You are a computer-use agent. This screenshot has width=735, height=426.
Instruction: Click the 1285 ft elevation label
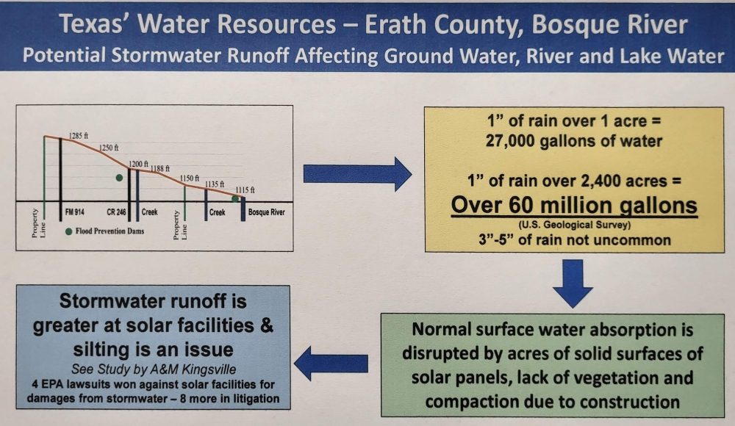point(79,136)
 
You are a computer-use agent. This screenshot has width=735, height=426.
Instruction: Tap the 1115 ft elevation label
point(245,189)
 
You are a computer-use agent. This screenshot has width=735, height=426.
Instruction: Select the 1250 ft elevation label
point(109,148)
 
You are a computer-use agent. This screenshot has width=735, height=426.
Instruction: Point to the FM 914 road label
point(75,212)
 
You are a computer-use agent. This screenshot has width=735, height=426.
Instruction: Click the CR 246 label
point(116,212)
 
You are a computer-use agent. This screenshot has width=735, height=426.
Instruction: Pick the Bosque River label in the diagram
point(267,212)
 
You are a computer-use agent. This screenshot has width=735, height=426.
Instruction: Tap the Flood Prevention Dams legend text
point(110,231)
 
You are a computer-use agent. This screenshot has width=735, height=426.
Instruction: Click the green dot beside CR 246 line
point(119,178)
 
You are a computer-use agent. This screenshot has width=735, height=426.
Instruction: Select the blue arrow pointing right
point(358,174)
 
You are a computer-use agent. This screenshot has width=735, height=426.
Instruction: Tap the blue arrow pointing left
point(331,363)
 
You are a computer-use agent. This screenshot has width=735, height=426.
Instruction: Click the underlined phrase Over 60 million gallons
point(574,205)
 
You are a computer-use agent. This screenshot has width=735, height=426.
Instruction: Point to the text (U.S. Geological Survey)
point(574,225)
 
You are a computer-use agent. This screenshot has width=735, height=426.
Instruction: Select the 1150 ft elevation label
point(190,178)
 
